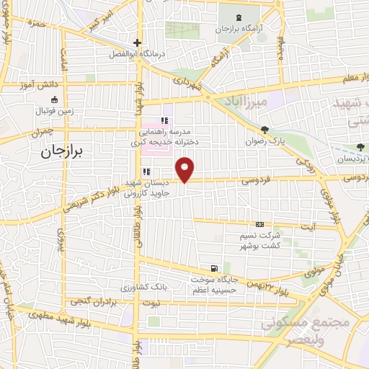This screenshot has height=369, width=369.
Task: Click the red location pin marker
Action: (186, 169)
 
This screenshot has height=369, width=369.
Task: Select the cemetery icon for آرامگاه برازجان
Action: (241, 16)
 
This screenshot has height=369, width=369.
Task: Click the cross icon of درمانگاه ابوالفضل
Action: (136, 43)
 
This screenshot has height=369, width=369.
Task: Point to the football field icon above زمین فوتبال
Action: (54, 100)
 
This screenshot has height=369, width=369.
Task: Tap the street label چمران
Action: (42, 133)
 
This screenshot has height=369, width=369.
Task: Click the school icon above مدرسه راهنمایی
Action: (164, 120)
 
